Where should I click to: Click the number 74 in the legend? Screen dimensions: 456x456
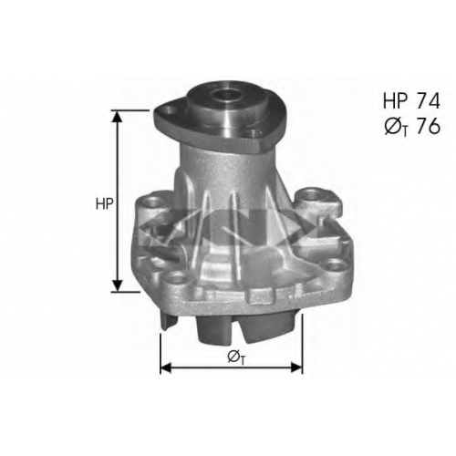[428, 101]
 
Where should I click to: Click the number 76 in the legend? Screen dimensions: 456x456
[428, 126]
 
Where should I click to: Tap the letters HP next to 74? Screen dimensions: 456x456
[395, 101]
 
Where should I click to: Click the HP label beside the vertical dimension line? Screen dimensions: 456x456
[104, 204]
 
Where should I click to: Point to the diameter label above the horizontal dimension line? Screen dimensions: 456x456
[235, 357]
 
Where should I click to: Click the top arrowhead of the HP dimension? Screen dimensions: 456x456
[117, 116]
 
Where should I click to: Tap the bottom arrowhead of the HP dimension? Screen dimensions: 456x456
[117, 285]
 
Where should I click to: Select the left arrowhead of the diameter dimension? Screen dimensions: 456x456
[166, 368]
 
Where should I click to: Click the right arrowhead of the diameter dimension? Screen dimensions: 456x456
[296, 368]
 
